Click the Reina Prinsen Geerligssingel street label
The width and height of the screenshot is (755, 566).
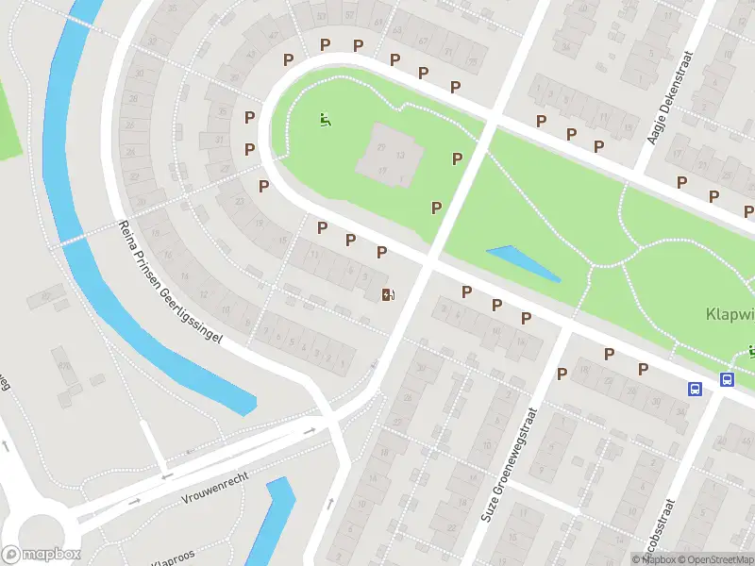[170, 282]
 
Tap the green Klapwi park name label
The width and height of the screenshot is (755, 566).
[730, 314]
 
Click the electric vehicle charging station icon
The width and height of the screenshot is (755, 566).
[387, 295]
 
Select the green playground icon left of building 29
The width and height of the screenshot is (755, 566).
[325, 120]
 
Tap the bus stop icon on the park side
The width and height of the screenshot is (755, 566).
[727, 379]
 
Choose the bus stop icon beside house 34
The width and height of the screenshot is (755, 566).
[695, 389]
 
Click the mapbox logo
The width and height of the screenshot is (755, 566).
[42, 555]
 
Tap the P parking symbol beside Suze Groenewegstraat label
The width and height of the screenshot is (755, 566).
[562, 375]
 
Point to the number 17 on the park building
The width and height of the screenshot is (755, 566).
[382, 170]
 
